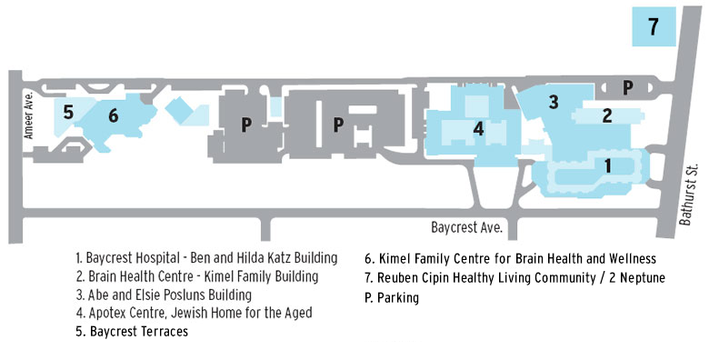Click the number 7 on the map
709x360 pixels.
pyautogui.click(x=653, y=27)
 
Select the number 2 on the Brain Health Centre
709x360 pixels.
pyautogui.click(x=607, y=115)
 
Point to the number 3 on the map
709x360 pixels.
pyautogui.click(x=553, y=102)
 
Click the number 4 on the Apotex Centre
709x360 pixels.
pyautogui.click(x=478, y=129)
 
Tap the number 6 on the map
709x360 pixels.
pyautogui.click(x=113, y=115)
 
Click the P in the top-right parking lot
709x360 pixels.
pyautogui.click(x=627, y=87)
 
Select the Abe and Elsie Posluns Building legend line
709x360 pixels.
pyautogui.click(x=164, y=295)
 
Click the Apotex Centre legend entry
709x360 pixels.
pyautogui.click(x=194, y=313)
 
